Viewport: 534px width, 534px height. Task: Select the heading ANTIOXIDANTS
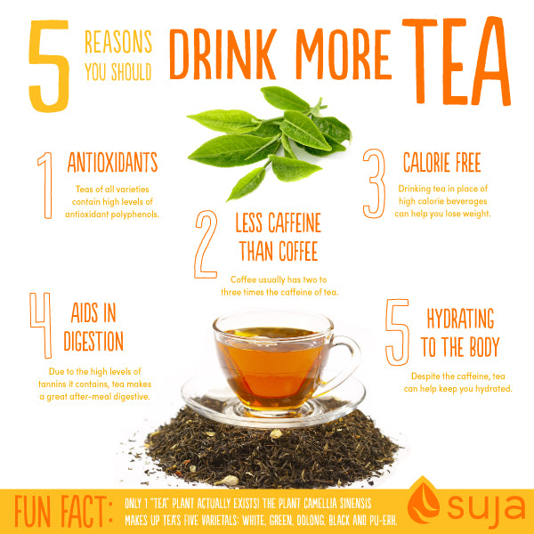(x=112, y=162)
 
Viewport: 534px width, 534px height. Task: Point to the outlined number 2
(x=206, y=243)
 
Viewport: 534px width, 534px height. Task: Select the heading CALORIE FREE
(x=441, y=163)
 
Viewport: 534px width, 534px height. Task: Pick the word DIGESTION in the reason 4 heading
(x=93, y=341)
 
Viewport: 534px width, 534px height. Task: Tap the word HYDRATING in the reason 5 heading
(x=460, y=319)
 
